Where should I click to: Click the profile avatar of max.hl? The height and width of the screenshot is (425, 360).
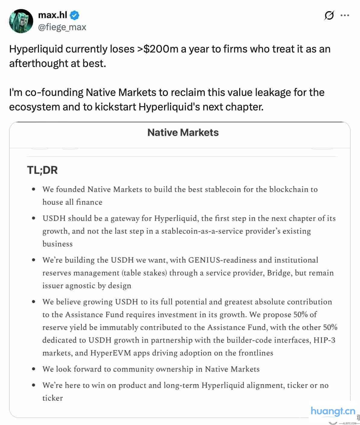tap(21, 21)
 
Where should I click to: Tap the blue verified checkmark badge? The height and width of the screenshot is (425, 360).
tap(75, 15)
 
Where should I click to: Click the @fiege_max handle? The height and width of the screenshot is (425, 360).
tap(62, 27)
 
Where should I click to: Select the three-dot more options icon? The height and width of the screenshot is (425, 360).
tap(345, 15)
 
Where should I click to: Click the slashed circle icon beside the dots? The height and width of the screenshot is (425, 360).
tap(329, 15)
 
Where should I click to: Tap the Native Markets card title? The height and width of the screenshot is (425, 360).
tap(183, 132)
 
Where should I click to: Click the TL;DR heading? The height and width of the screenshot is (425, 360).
tap(42, 170)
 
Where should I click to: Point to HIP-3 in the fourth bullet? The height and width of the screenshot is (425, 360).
tap(324, 340)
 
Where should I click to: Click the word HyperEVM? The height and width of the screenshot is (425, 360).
tap(111, 353)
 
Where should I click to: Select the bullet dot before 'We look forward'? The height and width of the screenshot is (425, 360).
tap(34, 369)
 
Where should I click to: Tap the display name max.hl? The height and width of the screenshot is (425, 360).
tap(53, 14)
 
